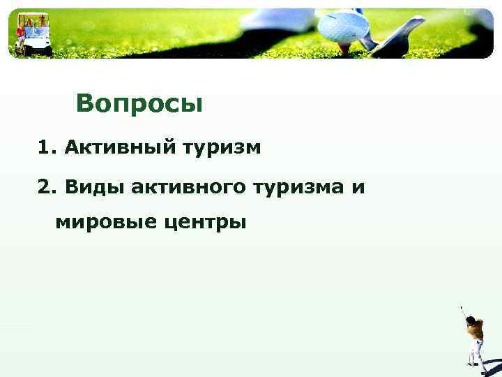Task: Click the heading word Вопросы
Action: tap(139, 103)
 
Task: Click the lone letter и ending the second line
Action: tap(359, 187)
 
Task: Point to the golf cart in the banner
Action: tap(33, 35)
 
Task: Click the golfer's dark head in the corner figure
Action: tap(471, 320)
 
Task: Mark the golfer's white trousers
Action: tap(477, 353)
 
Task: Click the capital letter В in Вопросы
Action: tap(84, 103)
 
